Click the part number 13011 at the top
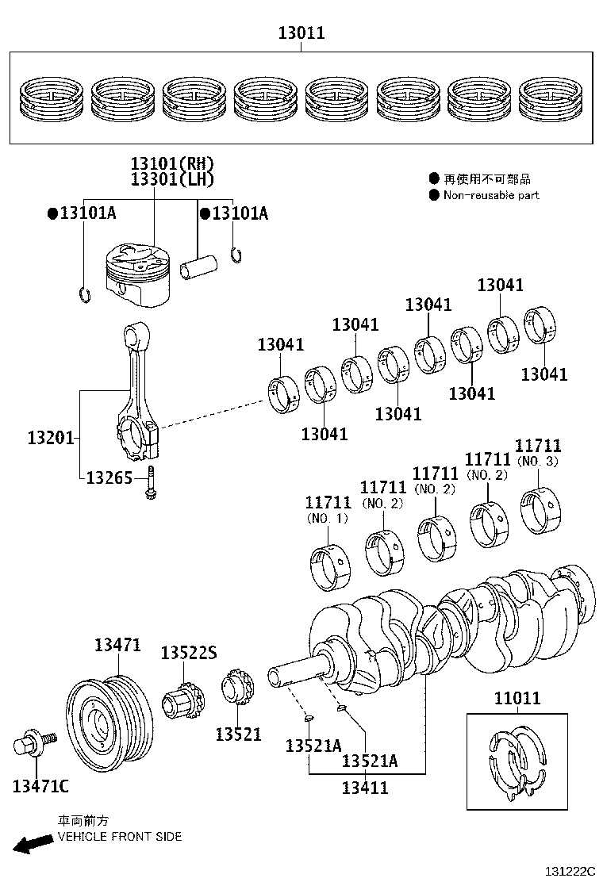pos(301,33)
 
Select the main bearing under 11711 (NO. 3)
pos(543,509)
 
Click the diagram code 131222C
pos(569,871)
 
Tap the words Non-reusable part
pos(490,195)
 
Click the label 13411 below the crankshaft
pos(365,788)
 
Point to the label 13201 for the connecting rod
pos(51,437)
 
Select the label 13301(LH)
pos(173,179)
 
